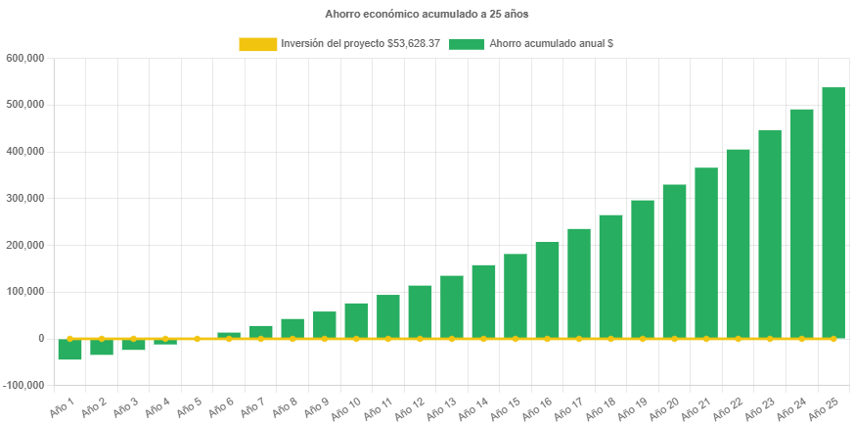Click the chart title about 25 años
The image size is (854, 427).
point(427,14)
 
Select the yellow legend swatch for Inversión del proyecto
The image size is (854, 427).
point(257,44)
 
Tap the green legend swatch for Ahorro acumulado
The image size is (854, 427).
point(467,44)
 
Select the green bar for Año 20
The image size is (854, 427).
point(674,261)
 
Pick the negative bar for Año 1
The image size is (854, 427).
point(69,349)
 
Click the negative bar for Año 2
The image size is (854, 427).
point(102,347)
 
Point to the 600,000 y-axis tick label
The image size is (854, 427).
point(25,58)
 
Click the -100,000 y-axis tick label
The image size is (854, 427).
point(23,385)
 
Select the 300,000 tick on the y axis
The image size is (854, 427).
point(25,198)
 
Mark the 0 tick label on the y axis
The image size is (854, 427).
point(41,338)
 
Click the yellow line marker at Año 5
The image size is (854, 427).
point(197,338)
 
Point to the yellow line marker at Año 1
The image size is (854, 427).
point(69,338)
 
